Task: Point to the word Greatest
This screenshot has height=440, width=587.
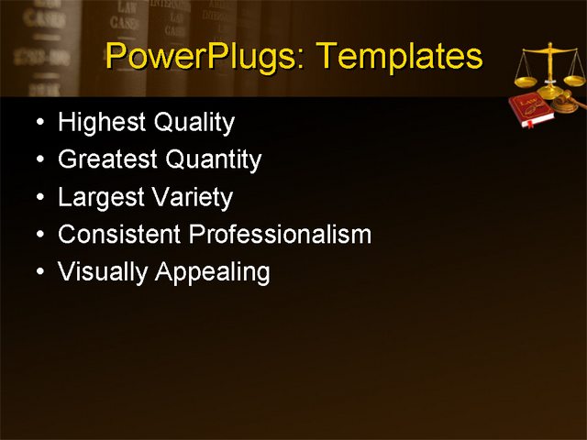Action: [x=108, y=159]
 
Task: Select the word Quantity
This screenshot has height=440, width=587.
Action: [x=214, y=159]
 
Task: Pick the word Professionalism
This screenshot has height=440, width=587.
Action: [x=280, y=235]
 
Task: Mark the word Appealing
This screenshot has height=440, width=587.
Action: [x=214, y=272]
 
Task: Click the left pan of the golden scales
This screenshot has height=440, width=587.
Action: [x=526, y=81]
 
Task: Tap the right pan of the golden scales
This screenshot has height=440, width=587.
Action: [x=574, y=80]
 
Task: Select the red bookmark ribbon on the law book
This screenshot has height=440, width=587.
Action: [x=526, y=122]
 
